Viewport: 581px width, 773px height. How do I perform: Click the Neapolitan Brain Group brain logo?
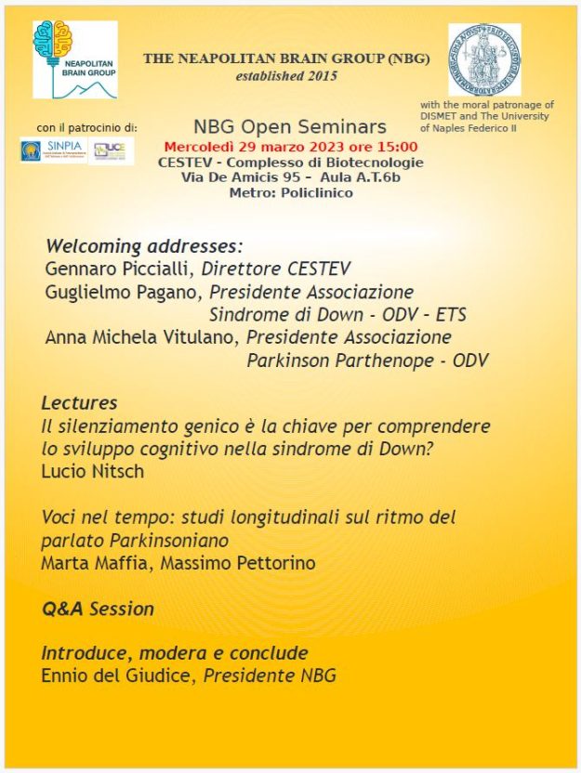74,58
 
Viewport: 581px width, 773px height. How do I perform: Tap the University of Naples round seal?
484,59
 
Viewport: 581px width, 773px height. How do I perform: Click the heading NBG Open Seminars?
290,126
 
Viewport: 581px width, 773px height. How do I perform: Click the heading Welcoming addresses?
143,247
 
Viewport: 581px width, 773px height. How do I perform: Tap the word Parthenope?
383,360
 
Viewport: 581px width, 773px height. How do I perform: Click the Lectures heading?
79,403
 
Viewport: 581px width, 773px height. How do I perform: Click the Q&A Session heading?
98,609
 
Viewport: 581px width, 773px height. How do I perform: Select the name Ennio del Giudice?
117,675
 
